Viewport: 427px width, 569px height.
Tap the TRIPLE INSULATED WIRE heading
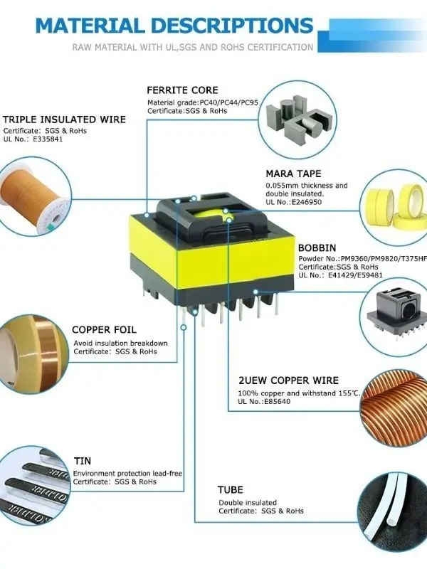pos(64,119)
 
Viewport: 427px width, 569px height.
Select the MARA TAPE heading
pos(293,174)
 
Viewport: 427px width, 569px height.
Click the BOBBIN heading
pos(317,248)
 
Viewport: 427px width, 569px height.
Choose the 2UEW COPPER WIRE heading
pos(288,381)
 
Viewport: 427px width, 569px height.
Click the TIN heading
pos(83,462)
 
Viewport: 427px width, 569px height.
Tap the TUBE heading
pos(230,490)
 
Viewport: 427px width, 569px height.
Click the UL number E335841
pos(46,140)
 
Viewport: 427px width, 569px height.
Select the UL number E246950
pos(307,203)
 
